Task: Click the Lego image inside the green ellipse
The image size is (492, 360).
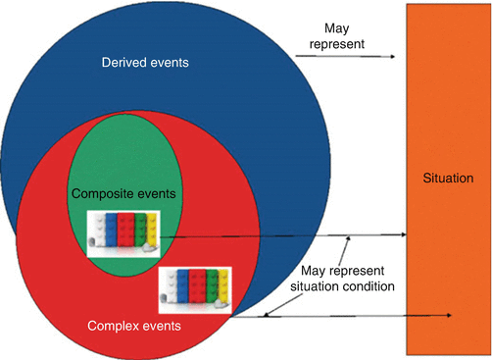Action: pos(122,233)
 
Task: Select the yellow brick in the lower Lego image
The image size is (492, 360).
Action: pos(223,284)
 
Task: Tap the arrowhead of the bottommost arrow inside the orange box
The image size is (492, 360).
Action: pos(448,316)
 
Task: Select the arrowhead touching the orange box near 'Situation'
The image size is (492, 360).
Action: pos(403,234)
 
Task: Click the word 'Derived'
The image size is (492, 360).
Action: pos(123,64)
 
